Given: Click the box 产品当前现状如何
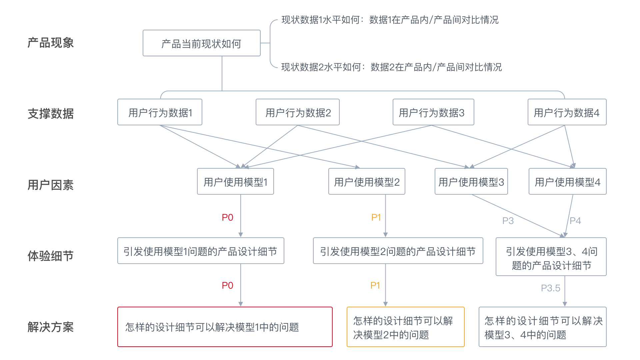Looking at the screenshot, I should click(201, 43).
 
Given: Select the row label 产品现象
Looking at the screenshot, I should click(50, 43).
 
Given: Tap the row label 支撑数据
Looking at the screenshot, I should click(50, 114).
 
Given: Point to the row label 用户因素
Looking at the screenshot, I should click(50, 185).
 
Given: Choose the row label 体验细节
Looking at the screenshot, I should click(50, 256).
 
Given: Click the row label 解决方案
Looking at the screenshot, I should click(50, 327).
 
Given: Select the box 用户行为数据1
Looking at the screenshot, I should click(160, 112).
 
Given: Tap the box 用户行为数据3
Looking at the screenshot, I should click(433, 112).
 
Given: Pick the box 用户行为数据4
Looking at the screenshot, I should click(567, 112).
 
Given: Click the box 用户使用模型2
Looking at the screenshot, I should click(367, 182).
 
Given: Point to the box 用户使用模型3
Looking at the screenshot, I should click(471, 182).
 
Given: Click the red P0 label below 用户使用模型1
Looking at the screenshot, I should click(227, 218).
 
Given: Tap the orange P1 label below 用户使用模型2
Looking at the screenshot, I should click(376, 218).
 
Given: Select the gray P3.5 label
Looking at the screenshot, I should click(550, 288).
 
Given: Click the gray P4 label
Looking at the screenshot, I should click(575, 221).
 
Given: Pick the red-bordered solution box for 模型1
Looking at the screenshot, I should click(225, 327).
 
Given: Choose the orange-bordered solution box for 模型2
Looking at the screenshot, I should click(405, 327).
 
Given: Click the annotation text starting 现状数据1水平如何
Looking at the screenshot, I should click(390, 20).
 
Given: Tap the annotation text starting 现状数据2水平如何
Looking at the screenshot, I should click(391, 67).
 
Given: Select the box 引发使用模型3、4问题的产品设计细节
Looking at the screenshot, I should click(551, 257).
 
